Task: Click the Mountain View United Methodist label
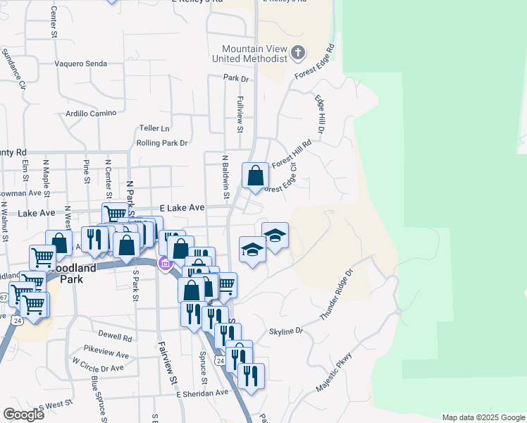pos(254,54)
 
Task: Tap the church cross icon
pos(298,52)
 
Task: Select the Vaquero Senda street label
pos(81,63)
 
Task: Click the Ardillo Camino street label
pos(90,113)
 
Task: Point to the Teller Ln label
pos(155,128)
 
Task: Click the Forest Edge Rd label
pos(315,63)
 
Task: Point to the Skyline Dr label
pos(285,331)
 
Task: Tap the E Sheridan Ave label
pos(203,393)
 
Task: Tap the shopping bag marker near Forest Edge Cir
pos(255,176)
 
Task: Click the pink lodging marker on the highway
pos(166,264)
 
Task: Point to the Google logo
pos(23,415)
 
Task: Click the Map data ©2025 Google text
pos(483,417)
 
